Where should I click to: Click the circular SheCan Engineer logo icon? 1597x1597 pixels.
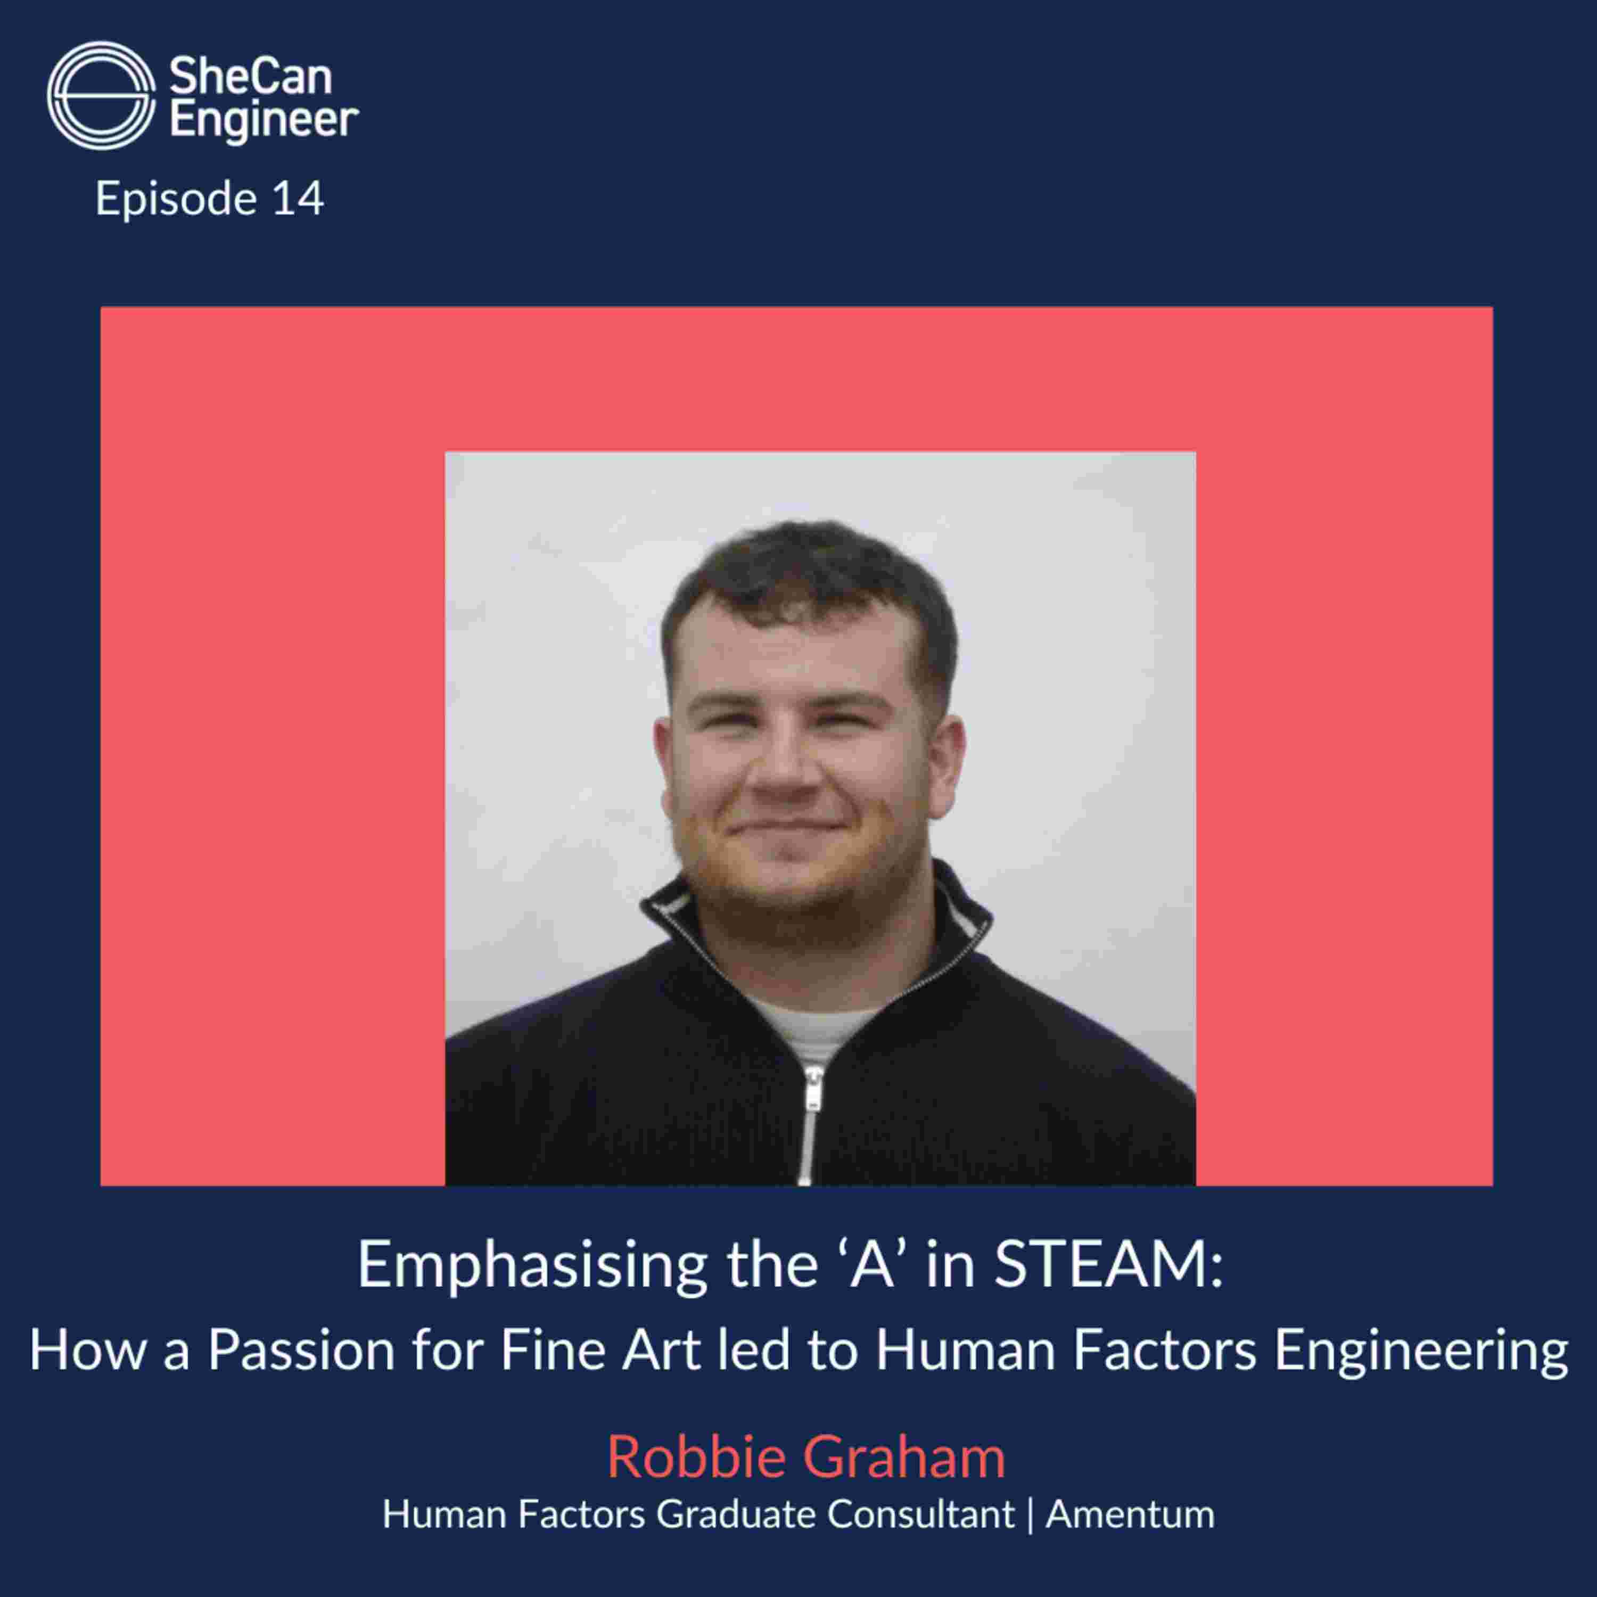(x=101, y=96)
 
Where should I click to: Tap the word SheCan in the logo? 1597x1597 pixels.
(x=250, y=78)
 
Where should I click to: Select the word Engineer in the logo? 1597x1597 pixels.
(x=264, y=121)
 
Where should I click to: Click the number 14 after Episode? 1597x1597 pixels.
(x=298, y=199)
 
